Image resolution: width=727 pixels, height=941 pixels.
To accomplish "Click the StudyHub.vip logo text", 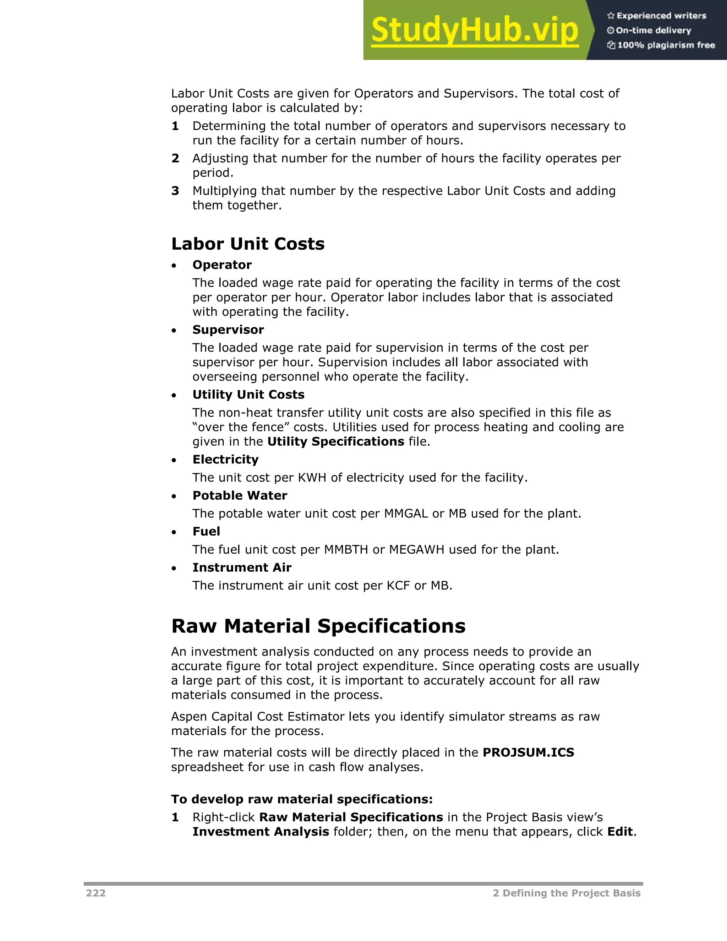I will point(474,30).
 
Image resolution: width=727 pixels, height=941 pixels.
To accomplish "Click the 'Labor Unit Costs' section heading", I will point(248,244).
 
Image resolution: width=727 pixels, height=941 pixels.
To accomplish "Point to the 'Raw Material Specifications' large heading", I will point(318,626).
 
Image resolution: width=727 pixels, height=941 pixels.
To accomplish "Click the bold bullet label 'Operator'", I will point(222,265).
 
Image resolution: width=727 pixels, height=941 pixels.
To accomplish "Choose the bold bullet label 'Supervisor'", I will point(228,330).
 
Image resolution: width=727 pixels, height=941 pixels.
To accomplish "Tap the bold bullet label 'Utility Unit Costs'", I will point(248,394).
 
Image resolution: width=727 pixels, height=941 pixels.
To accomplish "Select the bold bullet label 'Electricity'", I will point(225,459).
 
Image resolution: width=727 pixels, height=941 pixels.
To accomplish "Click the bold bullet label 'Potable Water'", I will point(240,495).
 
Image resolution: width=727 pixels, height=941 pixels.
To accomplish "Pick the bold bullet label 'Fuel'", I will point(206,531).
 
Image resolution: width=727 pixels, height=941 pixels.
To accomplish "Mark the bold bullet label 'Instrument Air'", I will point(242,567).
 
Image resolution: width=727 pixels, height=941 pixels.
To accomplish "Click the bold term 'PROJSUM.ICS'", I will point(528,752).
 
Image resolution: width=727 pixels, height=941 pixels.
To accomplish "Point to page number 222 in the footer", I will point(95,893).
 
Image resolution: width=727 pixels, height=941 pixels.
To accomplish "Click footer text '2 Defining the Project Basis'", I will point(566,893).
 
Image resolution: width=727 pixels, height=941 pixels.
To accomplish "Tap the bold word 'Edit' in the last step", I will point(620,832).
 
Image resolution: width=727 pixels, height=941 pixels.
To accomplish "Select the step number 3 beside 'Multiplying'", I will point(175,191).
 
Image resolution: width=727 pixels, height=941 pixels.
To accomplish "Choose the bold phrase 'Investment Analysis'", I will point(261,832).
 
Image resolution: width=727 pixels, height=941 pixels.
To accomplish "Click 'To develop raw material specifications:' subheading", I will point(301,799).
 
